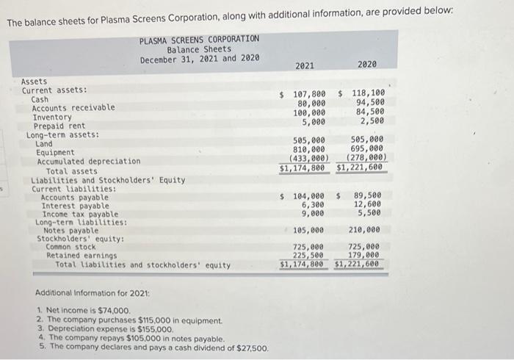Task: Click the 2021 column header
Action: coord(305,66)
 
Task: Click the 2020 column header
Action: coord(367,66)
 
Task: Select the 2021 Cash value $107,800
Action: coord(304,95)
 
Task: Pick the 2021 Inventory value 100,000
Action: coord(309,112)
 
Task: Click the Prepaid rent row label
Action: coord(59,126)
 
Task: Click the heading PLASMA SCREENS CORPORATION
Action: coord(199,40)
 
